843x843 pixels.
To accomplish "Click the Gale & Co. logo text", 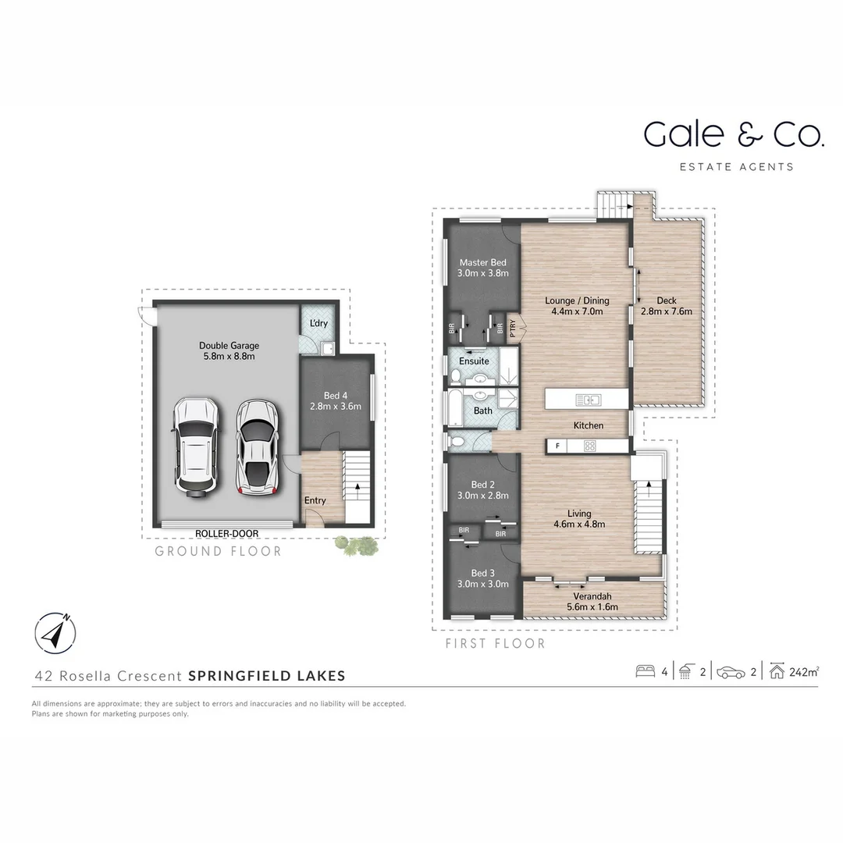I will point(734,134).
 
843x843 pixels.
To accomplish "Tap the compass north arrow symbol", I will point(55,633).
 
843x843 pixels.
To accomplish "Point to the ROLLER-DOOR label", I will point(227,534).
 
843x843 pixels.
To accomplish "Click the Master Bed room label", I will point(483,263).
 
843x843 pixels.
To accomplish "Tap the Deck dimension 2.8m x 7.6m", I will point(667,311).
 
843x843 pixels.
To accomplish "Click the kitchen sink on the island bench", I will point(589,400).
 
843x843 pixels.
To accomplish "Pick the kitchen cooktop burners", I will point(590,446).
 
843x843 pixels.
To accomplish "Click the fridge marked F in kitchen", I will point(557,446).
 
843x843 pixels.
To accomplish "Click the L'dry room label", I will point(318,323).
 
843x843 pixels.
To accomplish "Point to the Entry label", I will point(315,500).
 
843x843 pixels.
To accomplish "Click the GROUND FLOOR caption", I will point(218,551).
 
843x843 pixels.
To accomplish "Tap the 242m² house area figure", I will point(804,671).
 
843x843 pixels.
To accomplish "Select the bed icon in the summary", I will point(646,671).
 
